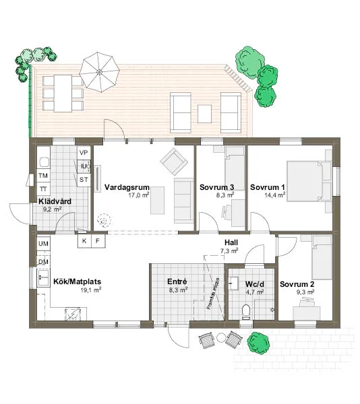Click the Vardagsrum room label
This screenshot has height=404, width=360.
[x=126, y=188]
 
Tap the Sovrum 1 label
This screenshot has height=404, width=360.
[x=268, y=187]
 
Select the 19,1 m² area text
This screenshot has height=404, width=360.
[x=91, y=290]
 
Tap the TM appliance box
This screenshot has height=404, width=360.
[x=43, y=176]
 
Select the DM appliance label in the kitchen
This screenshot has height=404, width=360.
[x=43, y=261]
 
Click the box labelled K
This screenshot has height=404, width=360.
[x=85, y=240]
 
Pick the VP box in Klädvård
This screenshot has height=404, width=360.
[x=84, y=153]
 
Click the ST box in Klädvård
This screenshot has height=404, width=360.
[x=84, y=180]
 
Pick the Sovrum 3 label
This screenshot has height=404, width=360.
[x=217, y=187]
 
